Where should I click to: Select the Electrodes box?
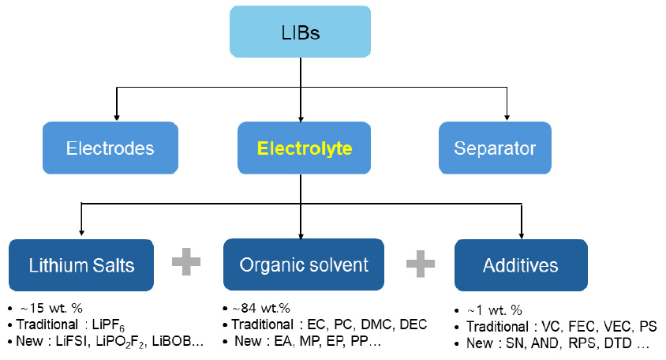point(110,148)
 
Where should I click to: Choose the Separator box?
point(495,148)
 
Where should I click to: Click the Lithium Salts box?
point(82,264)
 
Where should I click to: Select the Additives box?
point(521,264)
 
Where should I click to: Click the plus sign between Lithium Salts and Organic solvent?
point(187,261)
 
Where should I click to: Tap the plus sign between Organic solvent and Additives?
point(420,261)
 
